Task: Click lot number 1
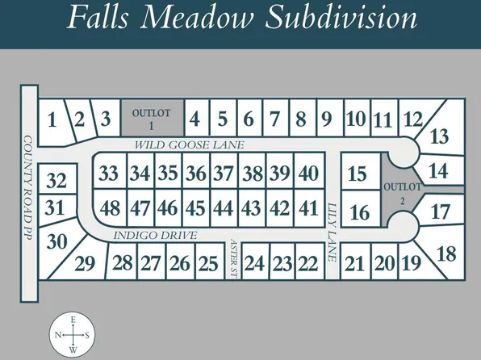(52, 121)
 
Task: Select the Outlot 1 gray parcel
(152, 119)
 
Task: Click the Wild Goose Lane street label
(189, 144)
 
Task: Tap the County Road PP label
(27, 190)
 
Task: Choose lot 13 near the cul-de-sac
(439, 137)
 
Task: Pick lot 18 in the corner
(445, 253)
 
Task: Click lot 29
(85, 263)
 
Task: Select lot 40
(307, 173)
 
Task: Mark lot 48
(110, 207)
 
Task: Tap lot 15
(357, 174)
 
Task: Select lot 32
(56, 180)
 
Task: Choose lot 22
(307, 263)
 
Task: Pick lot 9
(326, 120)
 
